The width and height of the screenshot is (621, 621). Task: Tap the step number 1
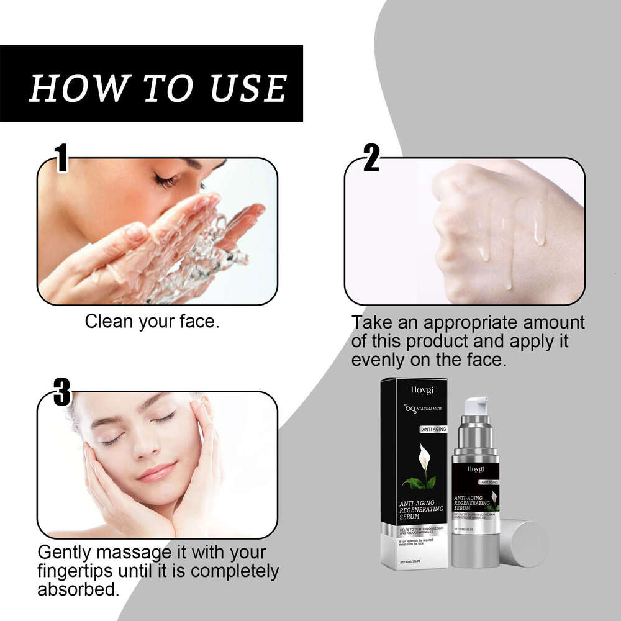61,159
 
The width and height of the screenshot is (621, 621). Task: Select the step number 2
371,159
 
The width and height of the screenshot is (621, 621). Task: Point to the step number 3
62,393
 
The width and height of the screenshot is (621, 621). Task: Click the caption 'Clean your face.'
152,322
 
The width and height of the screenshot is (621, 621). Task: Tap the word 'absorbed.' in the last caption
78,589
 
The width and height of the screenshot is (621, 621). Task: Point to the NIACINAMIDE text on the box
422,409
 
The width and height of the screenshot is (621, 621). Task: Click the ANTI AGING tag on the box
433,429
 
